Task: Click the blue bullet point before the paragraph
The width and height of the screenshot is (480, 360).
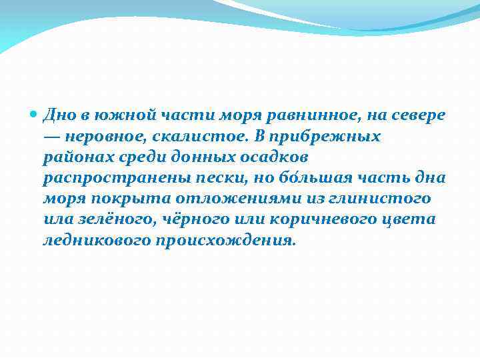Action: coord(35,115)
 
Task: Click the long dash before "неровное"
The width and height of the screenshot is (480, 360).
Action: coord(53,137)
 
